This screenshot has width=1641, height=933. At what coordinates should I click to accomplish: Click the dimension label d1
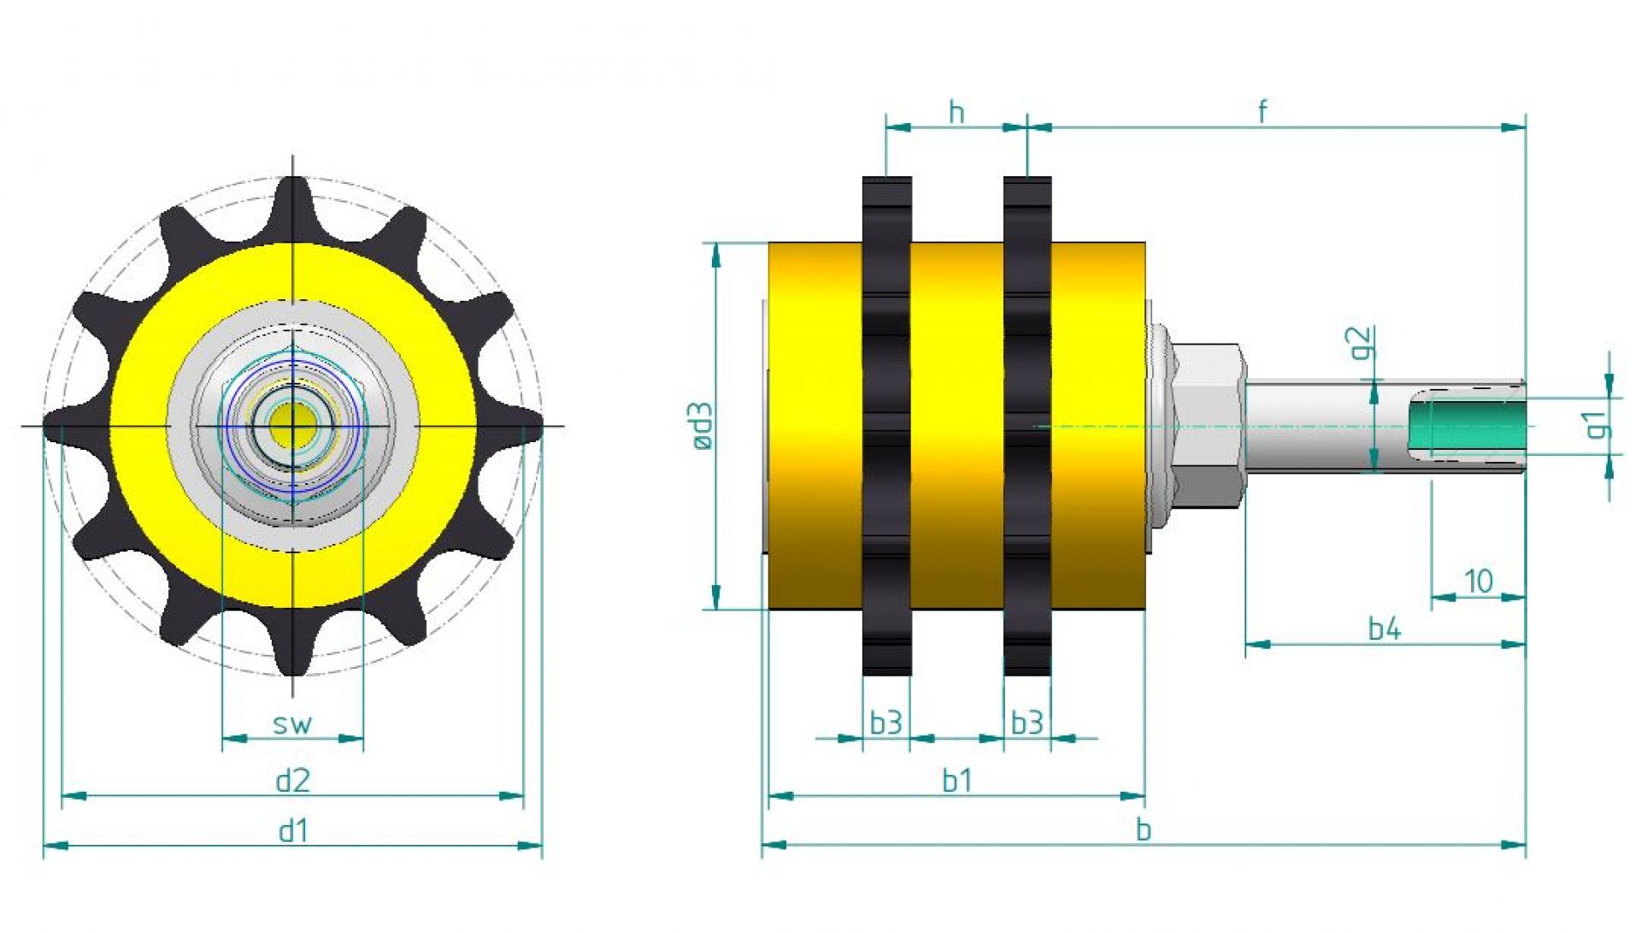point(292,830)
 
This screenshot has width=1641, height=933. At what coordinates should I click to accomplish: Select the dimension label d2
point(292,781)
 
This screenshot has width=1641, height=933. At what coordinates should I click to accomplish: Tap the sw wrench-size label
point(292,724)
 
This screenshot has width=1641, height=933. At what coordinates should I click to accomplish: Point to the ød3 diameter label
point(702,426)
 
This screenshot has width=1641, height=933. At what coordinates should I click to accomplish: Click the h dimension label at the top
point(956,112)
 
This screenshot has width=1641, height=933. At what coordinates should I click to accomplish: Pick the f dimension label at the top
point(1262,111)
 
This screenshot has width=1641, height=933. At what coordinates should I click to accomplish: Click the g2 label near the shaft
point(1362,343)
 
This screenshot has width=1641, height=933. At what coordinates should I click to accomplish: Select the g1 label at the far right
point(1595,424)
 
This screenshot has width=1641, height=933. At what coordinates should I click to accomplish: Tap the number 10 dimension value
point(1479,582)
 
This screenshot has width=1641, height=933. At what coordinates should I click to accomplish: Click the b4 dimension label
point(1385,629)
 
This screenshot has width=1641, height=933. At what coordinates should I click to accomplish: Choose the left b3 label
point(885,723)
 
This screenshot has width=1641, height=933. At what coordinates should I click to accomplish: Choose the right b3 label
point(1026,723)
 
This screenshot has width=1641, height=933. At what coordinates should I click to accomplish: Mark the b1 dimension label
point(956,781)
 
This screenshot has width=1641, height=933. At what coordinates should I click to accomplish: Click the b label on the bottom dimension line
point(1144,830)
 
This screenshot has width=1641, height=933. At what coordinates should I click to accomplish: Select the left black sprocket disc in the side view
point(886,426)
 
